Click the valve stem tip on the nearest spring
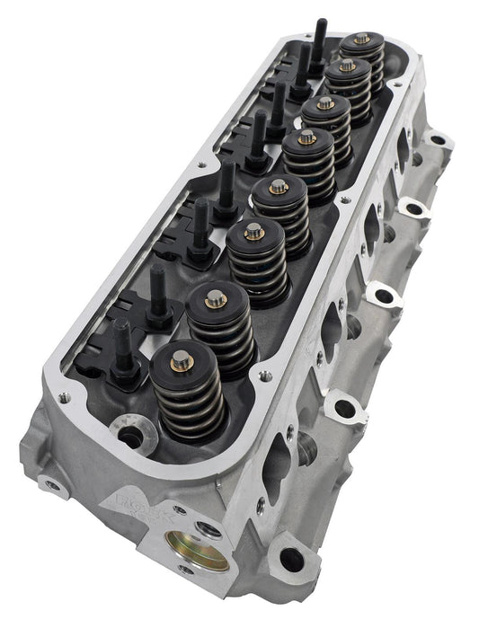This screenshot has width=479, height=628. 181,361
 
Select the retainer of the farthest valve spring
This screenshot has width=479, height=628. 361,40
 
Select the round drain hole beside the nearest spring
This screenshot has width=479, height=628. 130,438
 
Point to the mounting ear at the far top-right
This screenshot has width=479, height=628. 438,140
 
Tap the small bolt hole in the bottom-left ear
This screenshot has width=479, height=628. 52,486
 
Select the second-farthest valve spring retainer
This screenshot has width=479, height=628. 347,66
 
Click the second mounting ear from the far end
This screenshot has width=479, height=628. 413,208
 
